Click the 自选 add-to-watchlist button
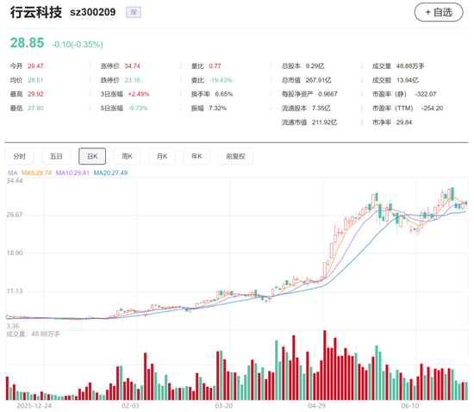pos(439,12)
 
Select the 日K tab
pos(92,156)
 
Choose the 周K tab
pos(127,156)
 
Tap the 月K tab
pos(162,156)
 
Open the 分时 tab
pos(19,156)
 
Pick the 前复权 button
pos(235,156)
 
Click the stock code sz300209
pos(93,12)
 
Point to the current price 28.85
pos(28,42)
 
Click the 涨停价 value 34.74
pos(133,66)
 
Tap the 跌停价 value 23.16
pos(133,80)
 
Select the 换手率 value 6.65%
pos(224,94)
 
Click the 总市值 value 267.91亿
pos(318,80)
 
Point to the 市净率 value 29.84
pos(404,122)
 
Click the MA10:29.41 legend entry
pos(72,172)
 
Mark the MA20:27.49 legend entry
pos(110,172)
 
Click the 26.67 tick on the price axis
pos(15,215)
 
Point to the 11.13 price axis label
pos(15,291)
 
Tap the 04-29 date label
pos(317,406)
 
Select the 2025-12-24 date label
pos(34,406)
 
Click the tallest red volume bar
pos(325,365)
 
